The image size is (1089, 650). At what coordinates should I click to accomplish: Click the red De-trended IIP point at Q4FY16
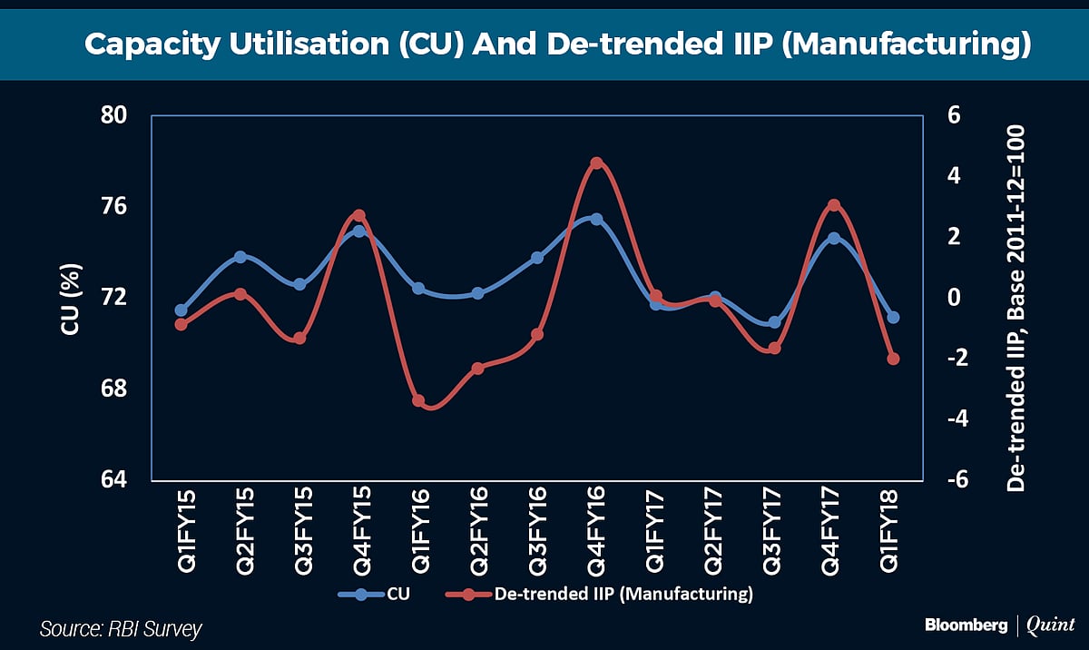(596, 163)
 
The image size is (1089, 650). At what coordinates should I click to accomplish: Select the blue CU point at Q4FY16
(596, 219)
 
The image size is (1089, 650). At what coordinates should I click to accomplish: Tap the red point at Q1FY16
(418, 400)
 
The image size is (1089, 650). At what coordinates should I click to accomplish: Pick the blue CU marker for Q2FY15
(240, 257)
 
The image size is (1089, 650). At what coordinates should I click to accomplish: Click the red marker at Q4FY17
(834, 205)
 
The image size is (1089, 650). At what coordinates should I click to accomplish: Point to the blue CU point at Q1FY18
(893, 318)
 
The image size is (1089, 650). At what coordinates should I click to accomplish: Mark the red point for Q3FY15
(299, 338)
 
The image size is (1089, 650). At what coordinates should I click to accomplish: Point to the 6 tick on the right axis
(954, 115)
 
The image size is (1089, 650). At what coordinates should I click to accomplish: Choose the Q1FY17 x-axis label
(656, 537)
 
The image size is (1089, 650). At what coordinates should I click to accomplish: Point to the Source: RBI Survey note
(120, 628)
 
